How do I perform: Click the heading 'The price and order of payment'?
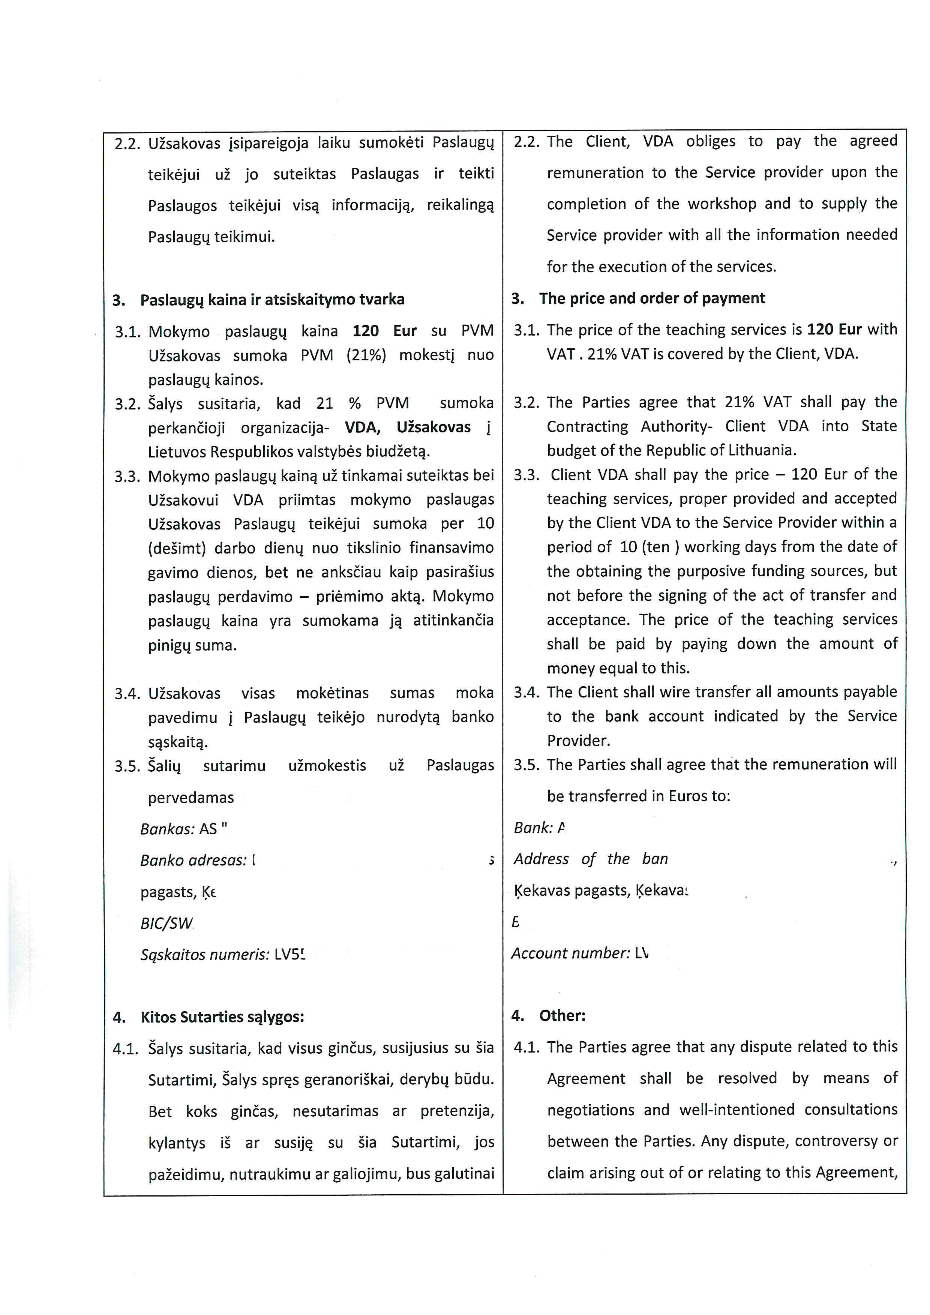coord(652,298)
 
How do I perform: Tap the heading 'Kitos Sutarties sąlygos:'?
coord(222,1017)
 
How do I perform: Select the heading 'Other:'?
coord(562,1016)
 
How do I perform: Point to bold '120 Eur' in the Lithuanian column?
coord(384,331)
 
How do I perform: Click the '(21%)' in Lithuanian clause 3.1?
coord(366,356)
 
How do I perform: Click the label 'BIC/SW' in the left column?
coord(166,923)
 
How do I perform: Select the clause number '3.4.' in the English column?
coord(526,693)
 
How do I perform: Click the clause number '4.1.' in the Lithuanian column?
coord(126,1049)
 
